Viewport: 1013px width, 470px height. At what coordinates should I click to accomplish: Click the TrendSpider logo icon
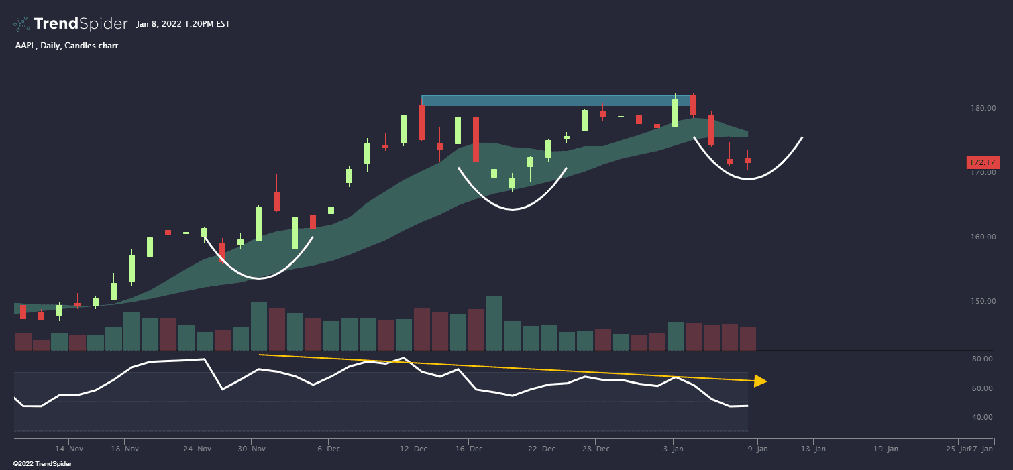tap(21, 24)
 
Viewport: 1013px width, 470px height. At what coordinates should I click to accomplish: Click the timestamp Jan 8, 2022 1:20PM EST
tap(182, 24)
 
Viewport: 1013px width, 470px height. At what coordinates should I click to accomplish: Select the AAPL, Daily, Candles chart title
tap(66, 46)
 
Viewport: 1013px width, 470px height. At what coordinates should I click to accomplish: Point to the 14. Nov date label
tap(69, 449)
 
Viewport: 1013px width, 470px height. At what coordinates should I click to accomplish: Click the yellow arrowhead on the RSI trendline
tap(760, 381)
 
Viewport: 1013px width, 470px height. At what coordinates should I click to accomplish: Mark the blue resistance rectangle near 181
tap(556, 100)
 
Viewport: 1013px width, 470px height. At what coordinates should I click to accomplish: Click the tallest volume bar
tap(494, 323)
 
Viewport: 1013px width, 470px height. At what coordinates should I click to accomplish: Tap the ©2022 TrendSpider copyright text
tap(42, 463)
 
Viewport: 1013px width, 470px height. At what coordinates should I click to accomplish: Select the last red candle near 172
tap(747, 160)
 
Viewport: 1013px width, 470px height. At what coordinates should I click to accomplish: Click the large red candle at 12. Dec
tap(421, 122)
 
